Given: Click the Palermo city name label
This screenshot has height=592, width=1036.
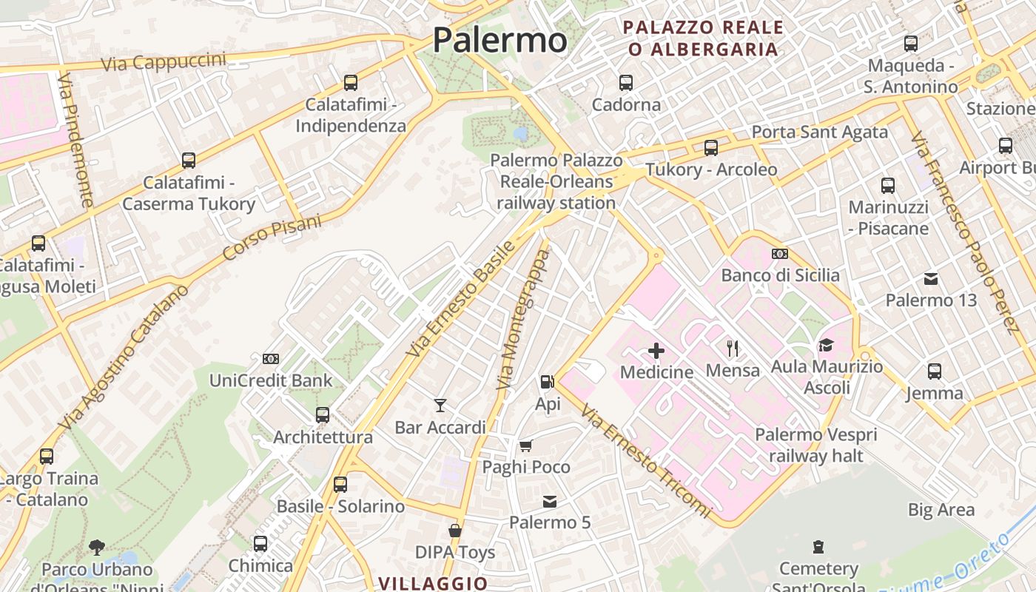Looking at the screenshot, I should pyautogui.click(x=499, y=40).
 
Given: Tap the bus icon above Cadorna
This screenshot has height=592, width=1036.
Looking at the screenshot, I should pyautogui.click(x=626, y=83).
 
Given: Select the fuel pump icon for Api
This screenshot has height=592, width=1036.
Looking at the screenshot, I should pyautogui.click(x=547, y=382).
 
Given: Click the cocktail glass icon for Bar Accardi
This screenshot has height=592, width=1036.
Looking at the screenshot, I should pyautogui.click(x=440, y=405).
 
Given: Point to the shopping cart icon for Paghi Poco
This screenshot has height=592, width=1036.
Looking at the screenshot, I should pyautogui.click(x=525, y=445).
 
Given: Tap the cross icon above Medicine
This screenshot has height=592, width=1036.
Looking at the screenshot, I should pyautogui.click(x=656, y=351).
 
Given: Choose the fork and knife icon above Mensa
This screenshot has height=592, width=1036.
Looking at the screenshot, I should pyautogui.click(x=733, y=348).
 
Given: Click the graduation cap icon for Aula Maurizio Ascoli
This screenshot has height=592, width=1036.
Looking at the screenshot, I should pyautogui.click(x=826, y=345).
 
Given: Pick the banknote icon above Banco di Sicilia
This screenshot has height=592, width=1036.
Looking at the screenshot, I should pyautogui.click(x=779, y=254).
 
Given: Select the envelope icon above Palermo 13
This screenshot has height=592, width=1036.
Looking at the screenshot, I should pyautogui.click(x=931, y=279).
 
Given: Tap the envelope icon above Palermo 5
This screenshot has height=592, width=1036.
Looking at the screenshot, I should pyautogui.click(x=549, y=502).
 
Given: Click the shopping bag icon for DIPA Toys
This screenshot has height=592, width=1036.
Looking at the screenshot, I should pyautogui.click(x=454, y=531).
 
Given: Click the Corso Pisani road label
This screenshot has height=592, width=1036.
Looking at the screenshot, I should pyautogui.click(x=272, y=237).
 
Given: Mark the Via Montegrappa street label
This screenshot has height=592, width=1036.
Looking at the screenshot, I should pyautogui.click(x=524, y=320).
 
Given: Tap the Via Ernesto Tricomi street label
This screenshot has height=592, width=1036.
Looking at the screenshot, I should pyautogui.click(x=645, y=460).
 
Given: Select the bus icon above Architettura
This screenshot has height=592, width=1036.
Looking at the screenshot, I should pyautogui.click(x=322, y=415).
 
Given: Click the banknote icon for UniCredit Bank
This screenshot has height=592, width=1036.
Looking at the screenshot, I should pyautogui.click(x=271, y=359).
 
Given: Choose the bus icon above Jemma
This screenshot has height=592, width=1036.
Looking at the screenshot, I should pyautogui.click(x=935, y=371).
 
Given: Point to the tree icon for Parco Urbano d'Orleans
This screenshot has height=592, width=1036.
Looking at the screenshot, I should pyautogui.click(x=96, y=548).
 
